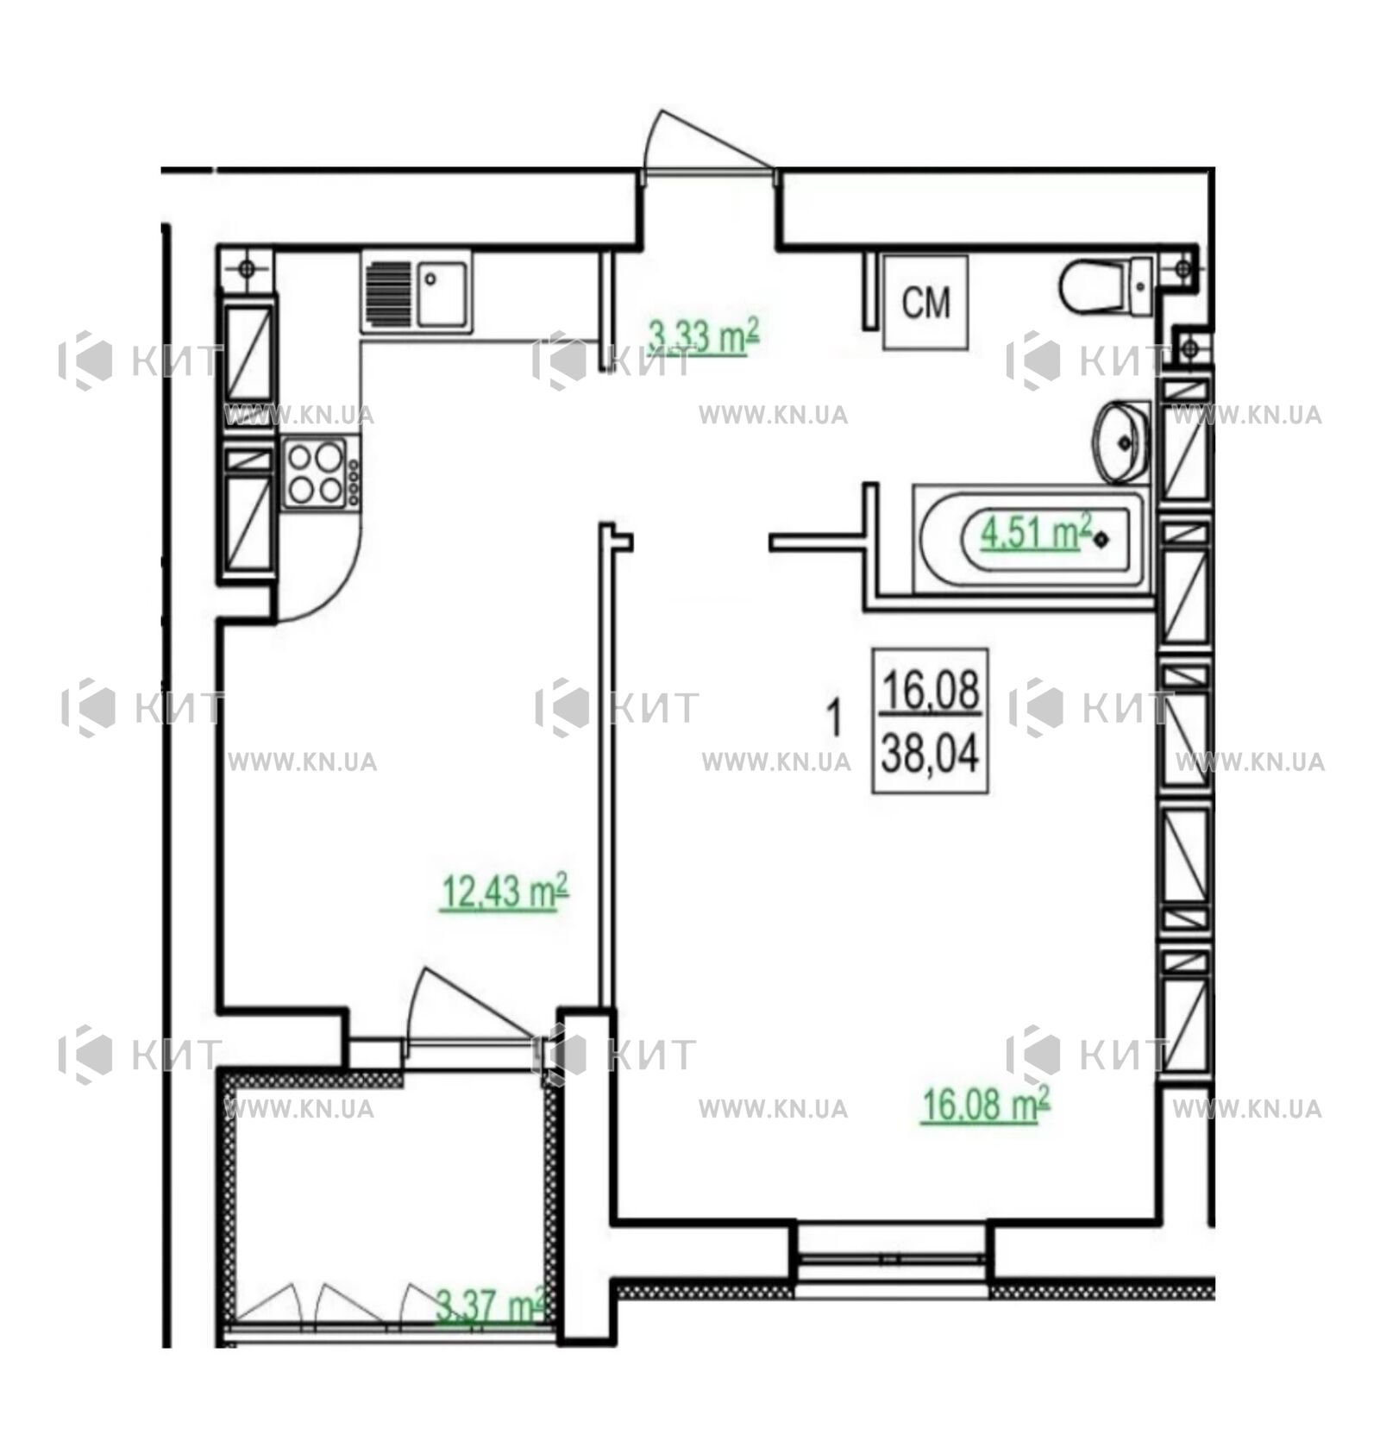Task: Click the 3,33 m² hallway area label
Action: pos(702,336)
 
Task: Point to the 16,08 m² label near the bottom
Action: pos(985,1104)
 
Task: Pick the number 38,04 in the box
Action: pos(930,756)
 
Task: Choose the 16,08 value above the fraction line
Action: pos(931,691)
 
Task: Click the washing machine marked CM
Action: pos(925,302)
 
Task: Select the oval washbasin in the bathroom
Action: pos(1121,442)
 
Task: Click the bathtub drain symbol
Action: pos(1101,540)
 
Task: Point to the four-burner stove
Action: pos(320,473)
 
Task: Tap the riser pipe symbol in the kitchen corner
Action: pos(246,268)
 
